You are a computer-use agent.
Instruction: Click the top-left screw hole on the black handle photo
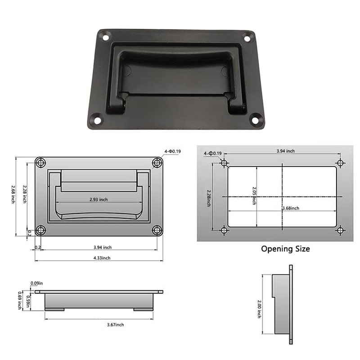105,37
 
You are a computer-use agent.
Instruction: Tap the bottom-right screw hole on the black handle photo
255,120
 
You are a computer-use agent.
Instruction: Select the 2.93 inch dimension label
99,199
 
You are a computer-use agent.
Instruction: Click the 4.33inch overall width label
102,258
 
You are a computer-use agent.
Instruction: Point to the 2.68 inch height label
13,194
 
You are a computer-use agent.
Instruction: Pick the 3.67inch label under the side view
116,324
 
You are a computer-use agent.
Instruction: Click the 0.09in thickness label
37,283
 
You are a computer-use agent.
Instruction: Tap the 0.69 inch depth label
20,300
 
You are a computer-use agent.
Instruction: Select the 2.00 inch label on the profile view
259,309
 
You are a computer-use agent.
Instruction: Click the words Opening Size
285,249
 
